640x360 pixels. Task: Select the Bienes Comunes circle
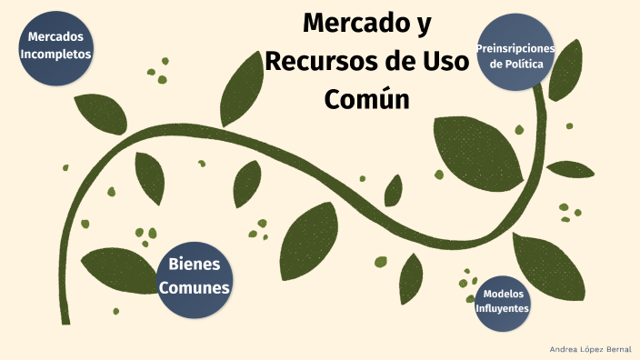194,277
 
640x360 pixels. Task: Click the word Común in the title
366,97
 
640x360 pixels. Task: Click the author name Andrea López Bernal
590,349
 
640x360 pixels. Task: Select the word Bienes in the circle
194,265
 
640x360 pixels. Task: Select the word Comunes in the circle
194,288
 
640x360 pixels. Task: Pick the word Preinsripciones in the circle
516,47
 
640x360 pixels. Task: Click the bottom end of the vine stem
65,320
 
